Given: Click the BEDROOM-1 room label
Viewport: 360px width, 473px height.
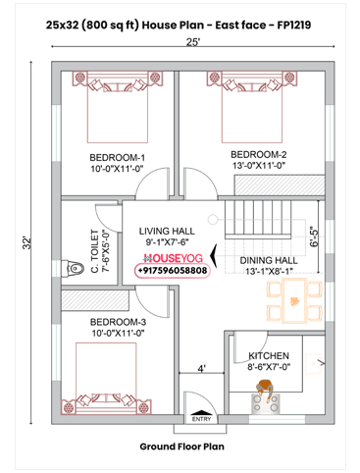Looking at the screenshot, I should tap(117, 157).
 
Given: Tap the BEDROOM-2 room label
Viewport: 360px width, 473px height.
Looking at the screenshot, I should tap(258, 154).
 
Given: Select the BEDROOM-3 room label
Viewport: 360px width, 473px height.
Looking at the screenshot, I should tap(117, 322).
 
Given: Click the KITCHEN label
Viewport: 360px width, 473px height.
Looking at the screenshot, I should tap(269, 355).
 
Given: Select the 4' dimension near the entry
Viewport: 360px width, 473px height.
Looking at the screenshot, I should tap(201, 369).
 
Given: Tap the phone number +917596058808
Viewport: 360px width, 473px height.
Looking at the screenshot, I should tap(173, 269).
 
